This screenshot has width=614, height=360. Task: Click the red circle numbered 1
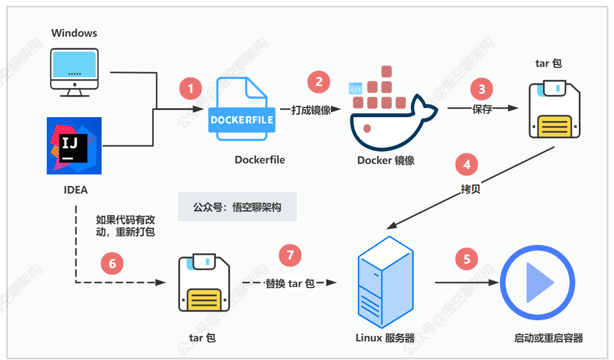click(x=191, y=89)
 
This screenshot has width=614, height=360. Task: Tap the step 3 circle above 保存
click(x=482, y=89)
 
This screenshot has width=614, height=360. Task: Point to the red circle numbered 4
click(x=467, y=164)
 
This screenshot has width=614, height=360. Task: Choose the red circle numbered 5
click(x=467, y=259)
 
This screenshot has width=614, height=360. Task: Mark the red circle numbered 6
click(x=112, y=263)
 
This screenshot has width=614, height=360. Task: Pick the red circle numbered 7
click(x=290, y=255)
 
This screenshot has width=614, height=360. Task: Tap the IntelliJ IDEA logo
click(x=74, y=146)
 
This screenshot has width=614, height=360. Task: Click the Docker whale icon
click(x=387, y=113)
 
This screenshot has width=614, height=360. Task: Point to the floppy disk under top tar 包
click(x=554, y=111)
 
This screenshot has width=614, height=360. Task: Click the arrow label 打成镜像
click(x=311, y=110)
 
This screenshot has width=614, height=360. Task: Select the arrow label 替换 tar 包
click(x=290, y=284)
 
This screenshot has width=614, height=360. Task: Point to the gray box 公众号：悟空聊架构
click(x=237, y=207)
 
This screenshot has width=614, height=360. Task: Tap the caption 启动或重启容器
click(x=548, y=338)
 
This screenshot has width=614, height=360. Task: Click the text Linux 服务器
click(x=385, y=337)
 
